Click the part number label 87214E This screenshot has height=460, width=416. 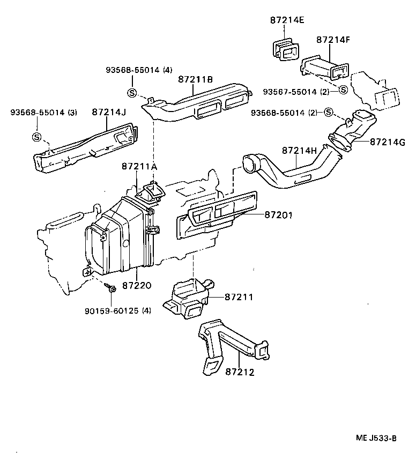coord(287,21)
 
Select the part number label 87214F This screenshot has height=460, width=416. coord(333,40)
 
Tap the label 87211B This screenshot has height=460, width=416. coord(195,80)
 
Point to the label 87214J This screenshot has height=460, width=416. coord(108,112)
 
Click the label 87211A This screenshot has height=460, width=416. coord(139,167)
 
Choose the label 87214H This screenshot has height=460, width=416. coord(298,151)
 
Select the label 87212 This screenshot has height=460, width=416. coord(239,371)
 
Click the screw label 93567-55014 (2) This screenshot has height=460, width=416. coord(296,92)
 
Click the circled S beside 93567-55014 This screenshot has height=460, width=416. coord(344,90)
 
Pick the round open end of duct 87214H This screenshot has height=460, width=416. coord(250,163)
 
